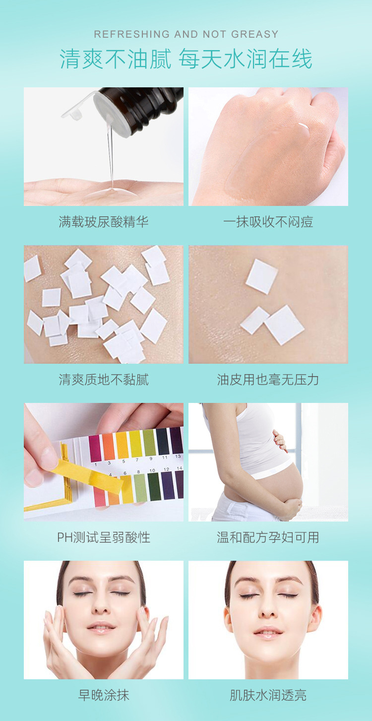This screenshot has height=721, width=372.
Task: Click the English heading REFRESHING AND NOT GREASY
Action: (x=186, y=34)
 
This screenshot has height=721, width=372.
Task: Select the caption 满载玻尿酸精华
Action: (x=104, y=222)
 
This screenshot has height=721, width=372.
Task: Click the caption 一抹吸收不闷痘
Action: (x=268, y=222)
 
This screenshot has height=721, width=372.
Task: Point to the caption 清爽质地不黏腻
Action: (x=104, y=380)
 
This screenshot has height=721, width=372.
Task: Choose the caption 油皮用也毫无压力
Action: (x=268, y=380)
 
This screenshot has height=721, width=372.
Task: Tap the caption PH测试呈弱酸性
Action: (x=104, y=537)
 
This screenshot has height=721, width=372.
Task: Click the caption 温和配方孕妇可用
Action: (x=268, y=537)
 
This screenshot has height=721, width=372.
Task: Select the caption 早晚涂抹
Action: (x=104, y=695)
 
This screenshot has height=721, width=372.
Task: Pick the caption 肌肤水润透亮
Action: (x=268, y=695)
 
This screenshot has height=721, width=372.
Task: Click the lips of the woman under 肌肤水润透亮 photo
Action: (x=268, y=633)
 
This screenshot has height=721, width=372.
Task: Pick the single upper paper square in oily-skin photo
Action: (x=261, y=276)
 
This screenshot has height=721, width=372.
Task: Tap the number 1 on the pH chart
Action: (x=96, y=462)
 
